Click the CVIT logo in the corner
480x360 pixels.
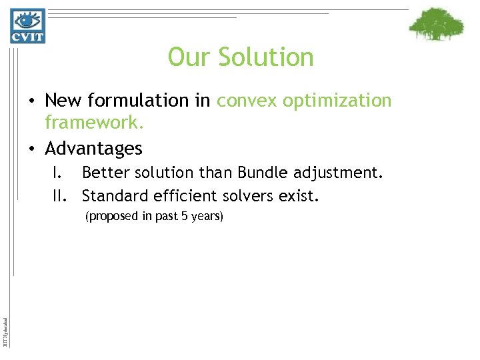tap(27, 25)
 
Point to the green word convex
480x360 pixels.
tap(245, 101)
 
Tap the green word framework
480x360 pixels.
tap(94, 123)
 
